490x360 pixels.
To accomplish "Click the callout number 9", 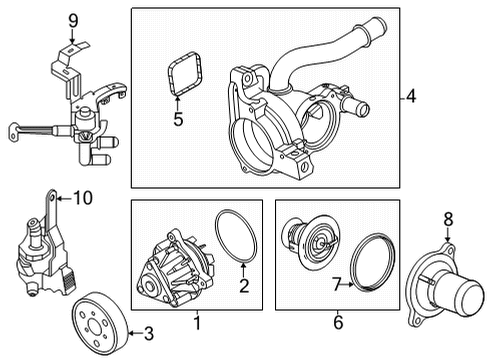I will (x=72, y=19).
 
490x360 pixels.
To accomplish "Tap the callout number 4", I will (x=411, y=97).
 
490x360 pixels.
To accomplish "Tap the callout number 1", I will (x=196, y=323).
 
